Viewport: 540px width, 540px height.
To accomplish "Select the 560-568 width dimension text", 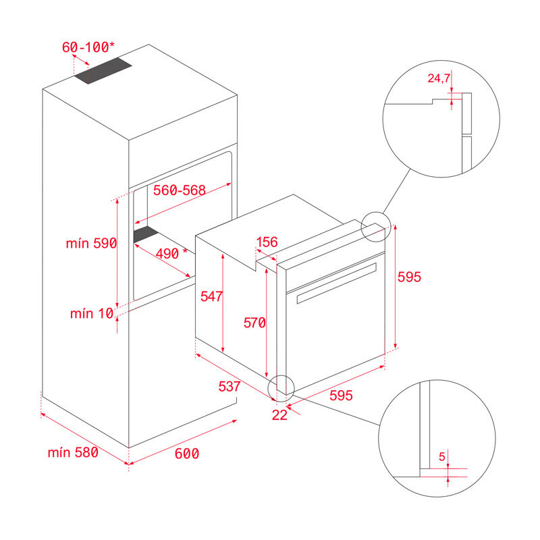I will (x=179, y=191).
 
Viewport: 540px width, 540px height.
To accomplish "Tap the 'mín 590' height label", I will (x=91, y=244).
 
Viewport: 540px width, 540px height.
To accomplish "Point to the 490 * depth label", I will (x=171, y=253).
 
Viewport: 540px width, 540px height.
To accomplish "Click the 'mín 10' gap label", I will (x=90, y=313).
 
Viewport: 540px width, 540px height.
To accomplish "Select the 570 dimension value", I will (x=254, y=323).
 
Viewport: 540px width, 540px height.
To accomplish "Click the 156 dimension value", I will (x=267, y=242).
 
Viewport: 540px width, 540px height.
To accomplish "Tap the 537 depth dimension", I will (x=230, y=387).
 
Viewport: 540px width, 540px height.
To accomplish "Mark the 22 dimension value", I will (x=279, y=415).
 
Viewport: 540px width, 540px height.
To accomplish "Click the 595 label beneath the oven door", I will (x=341, y=396).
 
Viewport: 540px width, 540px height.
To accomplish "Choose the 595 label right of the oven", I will (x=409, y=277).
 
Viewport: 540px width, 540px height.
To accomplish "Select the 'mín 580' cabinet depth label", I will (x=73, y=452).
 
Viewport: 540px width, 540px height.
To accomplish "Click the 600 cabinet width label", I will (x=187, y=454).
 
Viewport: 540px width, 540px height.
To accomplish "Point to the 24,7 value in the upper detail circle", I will (x=439, y=78).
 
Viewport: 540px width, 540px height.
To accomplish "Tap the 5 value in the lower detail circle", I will (x=442, y=457).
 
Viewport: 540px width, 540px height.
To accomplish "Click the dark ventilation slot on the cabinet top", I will (x=103, y=71).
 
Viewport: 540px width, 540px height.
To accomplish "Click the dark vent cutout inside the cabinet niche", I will (x=145, y=234).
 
